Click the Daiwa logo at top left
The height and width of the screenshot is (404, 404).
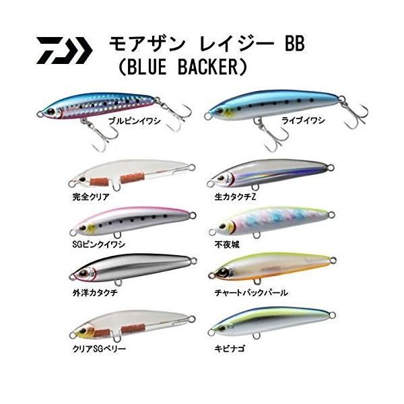point(64,49)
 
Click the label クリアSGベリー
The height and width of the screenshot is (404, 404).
point(99,349)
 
